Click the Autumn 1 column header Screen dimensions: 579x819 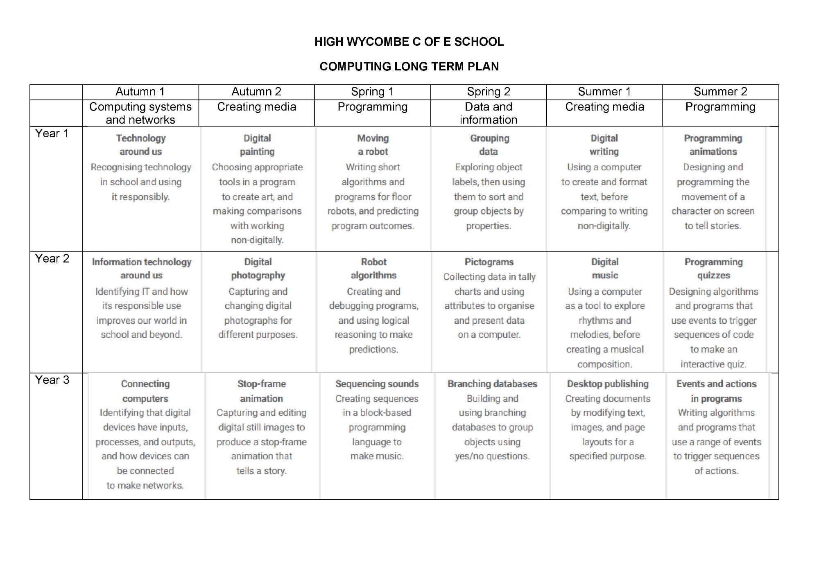point(140,92)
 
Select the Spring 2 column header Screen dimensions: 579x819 point(489,92)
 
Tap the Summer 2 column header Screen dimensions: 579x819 point(720,92)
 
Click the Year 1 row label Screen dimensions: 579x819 point(52,133)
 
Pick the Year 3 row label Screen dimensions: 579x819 point(52,380)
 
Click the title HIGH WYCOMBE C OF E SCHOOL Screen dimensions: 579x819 point(409,42)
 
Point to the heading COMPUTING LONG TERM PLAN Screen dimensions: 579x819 point(409,66)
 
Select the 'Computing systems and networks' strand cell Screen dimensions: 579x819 point(140,113)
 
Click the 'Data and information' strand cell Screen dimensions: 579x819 point(489,113)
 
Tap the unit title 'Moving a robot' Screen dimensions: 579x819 point(373,145)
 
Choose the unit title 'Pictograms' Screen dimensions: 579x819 point(489,262)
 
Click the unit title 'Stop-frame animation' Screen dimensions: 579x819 point(262,391)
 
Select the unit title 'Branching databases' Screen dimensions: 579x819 point(492,384)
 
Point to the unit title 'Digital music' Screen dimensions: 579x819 point(605,269)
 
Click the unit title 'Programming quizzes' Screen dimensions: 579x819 point(713,269)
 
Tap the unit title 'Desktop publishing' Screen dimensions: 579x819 point(608,384)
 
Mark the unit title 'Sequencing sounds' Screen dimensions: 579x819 point(377,384)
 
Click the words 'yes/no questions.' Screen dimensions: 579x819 point(492,456)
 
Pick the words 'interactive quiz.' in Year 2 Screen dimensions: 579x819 point(713,364)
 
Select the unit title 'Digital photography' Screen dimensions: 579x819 point(258,269)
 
